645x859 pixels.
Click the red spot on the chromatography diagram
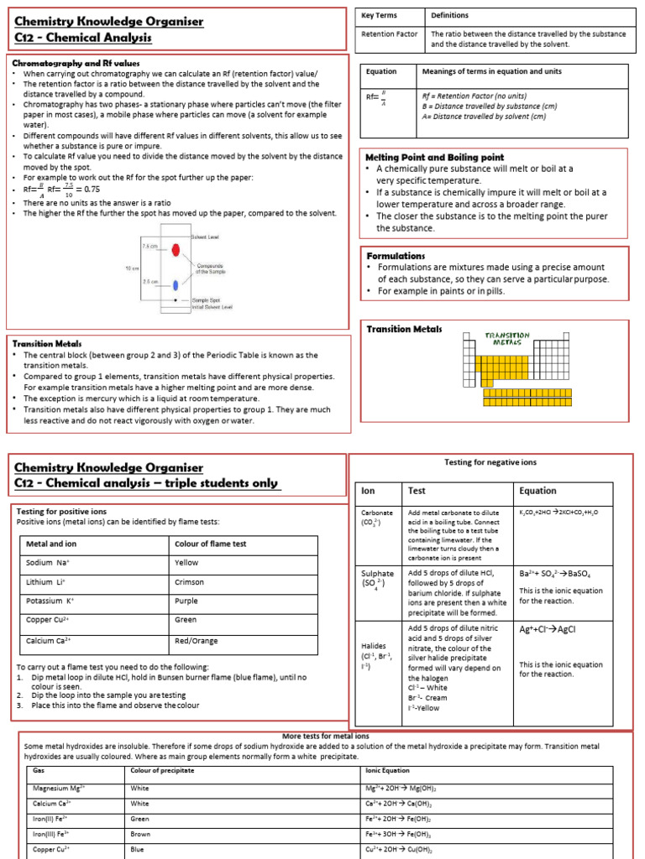(x=175, y=250)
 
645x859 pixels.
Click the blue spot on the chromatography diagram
(x=175, y=284)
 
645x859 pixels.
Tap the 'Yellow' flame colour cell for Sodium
(x=186, y=563)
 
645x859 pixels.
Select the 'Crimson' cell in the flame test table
(x=189, y=582)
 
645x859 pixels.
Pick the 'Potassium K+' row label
(x=51, y=601)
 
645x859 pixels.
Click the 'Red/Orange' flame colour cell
(x=193, y=640)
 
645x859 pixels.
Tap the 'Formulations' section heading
(x=396, y=255)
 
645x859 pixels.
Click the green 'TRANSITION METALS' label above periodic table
(x=507, y=339)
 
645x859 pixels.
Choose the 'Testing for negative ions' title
(x=489, y=462)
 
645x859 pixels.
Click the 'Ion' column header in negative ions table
(x=368, y=491)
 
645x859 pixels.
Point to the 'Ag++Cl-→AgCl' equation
(x=547, y=629)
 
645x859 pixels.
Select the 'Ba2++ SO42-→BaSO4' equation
(x=555, y=575)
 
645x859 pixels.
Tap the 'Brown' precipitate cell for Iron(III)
(x=141, y=835)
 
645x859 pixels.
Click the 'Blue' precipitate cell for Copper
(x=138, y=849)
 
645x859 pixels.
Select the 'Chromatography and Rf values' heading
(x=76, y=64)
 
